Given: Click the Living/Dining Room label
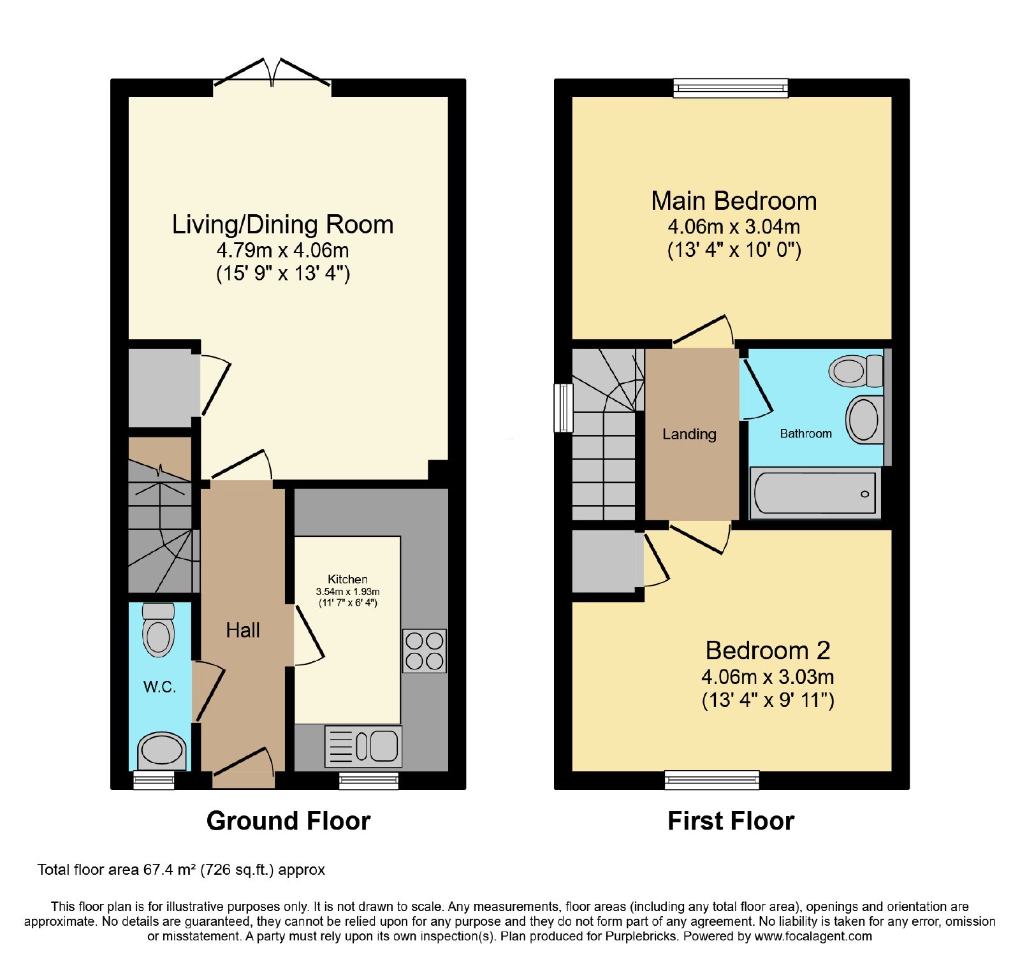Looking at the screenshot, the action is [x=283, y=224].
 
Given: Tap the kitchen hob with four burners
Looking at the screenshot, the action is [x=425, y=651].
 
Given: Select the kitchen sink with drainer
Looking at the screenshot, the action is [x=363, y=746].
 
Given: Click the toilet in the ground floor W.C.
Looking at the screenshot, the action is [x=159, y=629].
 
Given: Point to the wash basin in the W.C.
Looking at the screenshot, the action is [x=162, y=750].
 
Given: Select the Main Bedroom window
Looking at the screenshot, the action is [x=731, y=88].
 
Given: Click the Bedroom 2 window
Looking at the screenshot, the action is [x=712, y=780].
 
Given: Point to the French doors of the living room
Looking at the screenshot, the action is [x=272, y=73].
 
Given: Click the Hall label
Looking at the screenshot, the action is [x=243, y=631].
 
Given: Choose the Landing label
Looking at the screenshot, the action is [x=689, y=434].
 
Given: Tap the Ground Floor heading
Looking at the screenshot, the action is [x=288, y=821].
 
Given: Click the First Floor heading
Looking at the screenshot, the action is [x=731, y=821].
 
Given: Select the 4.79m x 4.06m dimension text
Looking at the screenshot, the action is [x=283, y=250].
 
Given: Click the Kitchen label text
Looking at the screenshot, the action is [x=347, y=579].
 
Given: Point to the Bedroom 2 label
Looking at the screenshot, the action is [x=768, y=650].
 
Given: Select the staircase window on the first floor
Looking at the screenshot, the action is [x=564, y=408].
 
